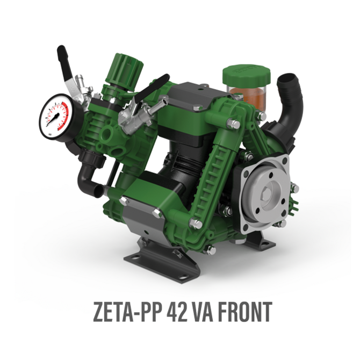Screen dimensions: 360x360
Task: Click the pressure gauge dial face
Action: pos(54,117)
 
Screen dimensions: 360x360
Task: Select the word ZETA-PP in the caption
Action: pos(126,312)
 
